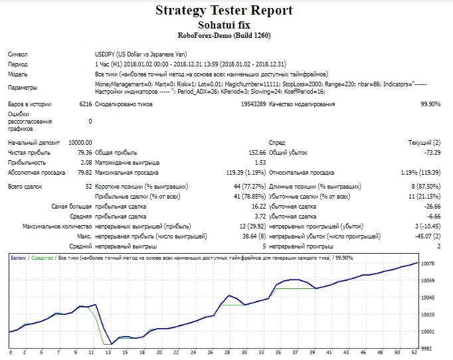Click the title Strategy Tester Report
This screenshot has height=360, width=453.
point(224,11)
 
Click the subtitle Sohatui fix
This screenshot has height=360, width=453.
point(224,25)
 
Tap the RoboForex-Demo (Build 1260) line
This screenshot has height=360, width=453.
point(224,36)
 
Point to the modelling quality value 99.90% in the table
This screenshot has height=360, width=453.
point(430,104)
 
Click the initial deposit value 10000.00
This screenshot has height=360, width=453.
point(80,143)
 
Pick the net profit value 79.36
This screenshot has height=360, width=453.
point(84,153)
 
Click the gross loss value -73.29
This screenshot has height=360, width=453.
point(432,153)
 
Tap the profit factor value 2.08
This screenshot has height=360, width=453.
point(86,163)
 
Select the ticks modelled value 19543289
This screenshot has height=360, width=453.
point(253,104)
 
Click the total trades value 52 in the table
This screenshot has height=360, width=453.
point(89,187)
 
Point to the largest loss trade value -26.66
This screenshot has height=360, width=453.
point(432,207)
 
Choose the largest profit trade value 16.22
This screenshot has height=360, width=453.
point(259,207)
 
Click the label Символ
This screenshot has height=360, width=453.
point(18,54)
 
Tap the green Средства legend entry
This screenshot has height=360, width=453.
point(43,258)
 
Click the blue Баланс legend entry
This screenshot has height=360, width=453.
point(19,258)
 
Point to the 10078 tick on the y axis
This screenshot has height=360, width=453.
point(428,264)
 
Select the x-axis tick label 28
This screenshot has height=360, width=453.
point(227,352)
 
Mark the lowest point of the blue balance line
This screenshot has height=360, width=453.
point(112,344)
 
